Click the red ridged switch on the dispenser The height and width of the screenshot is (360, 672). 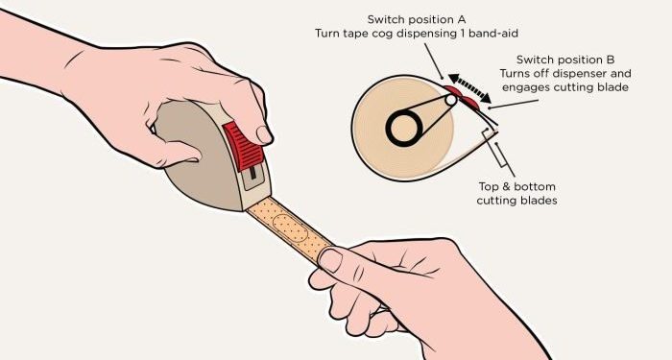coord(243,146)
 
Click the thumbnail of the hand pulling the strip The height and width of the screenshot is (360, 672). coord(330,260)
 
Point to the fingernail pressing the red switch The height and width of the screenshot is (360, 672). coord(264,134)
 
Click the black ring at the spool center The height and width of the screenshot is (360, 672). coord(404,128)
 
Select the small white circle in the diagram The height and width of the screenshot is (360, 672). coord(451,100)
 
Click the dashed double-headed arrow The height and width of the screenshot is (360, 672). coord(469,88)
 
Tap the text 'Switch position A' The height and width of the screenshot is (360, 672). coord(417,19)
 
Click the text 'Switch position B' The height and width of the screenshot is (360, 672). coord(565,60)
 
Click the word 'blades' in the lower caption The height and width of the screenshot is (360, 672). coord(538,200)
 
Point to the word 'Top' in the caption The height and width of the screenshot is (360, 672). coord(489,187)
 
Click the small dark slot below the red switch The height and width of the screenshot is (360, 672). coord(252,173)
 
